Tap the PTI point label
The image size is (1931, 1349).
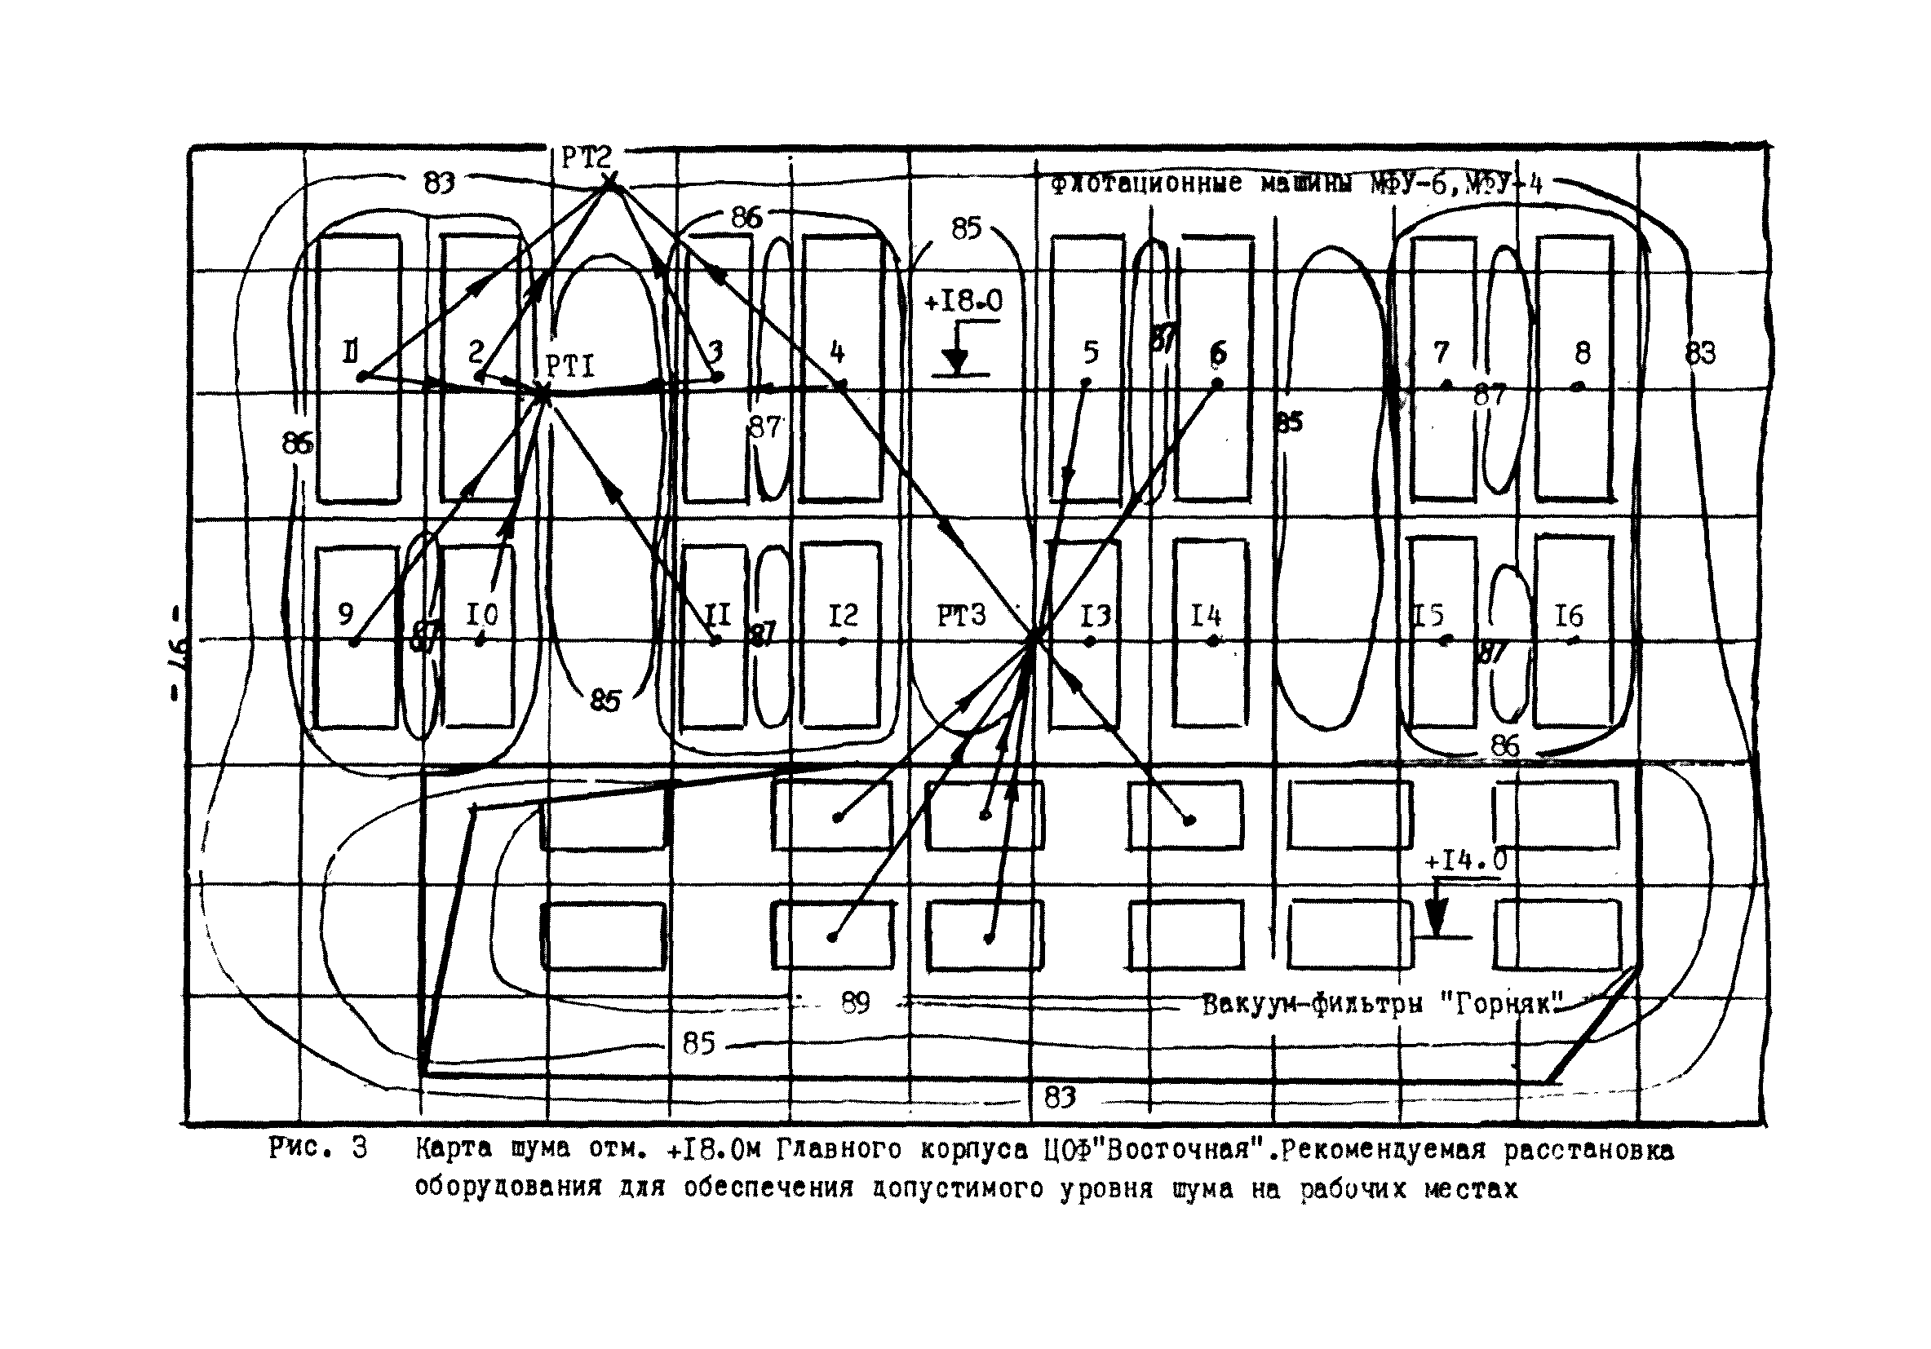pos(570,367)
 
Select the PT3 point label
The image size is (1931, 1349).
pos(961,617)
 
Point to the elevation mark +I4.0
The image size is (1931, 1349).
pos(1466,860)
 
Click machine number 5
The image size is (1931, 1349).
pos(1091,352)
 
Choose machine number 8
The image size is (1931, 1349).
pos(1583,352)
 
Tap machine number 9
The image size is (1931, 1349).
pos(346,615)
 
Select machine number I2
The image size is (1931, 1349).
pos(843,617)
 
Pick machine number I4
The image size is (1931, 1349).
pos(1206,617)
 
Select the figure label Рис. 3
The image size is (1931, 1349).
pos(318,1149)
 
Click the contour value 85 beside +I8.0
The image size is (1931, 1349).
pos(967,228)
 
